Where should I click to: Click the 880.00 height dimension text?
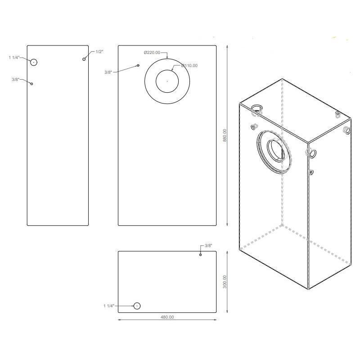(225, 135)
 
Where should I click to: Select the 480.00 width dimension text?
(167, 317)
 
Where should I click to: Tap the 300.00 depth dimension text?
(225, 282)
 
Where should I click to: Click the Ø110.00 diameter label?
(189, 66)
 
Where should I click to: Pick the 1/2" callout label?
(99, 52)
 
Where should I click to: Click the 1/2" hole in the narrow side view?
(84, 59)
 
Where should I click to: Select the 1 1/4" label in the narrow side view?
(15, 58)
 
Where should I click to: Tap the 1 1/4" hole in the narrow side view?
(33, 62)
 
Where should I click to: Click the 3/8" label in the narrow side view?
(16, 80)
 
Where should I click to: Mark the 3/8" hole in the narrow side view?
(31, 83)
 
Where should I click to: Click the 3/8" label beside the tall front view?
(108, 72)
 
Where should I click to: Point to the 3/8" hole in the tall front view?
(138, 66)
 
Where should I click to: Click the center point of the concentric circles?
(167, 81)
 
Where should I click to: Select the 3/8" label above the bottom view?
(208, 246)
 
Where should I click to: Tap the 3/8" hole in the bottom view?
(201, 255)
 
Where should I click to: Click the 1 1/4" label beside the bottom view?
(108, 306)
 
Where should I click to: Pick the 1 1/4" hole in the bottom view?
(137, 306)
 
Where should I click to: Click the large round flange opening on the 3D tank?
(275, 151)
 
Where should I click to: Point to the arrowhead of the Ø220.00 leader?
(167, 58)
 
